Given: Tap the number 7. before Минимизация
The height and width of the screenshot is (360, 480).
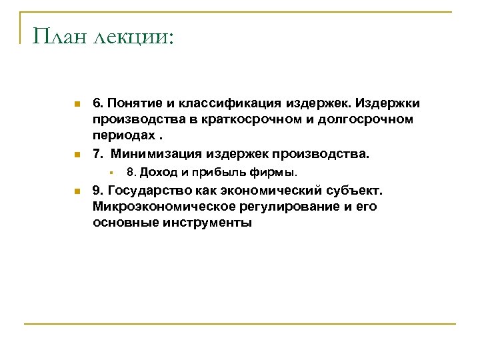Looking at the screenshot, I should (x=98, y=155).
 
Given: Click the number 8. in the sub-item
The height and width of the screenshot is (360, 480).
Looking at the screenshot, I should (x=131, y=173).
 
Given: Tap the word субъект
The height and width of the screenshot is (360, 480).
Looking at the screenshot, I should (x=357, y=191).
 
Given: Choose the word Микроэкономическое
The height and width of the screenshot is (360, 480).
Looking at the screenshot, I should (x=161, y=207).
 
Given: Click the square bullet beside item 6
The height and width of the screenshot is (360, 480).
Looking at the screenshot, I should (x=77, y=105).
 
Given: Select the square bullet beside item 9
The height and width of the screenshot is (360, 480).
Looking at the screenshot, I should (x=77, y=191).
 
